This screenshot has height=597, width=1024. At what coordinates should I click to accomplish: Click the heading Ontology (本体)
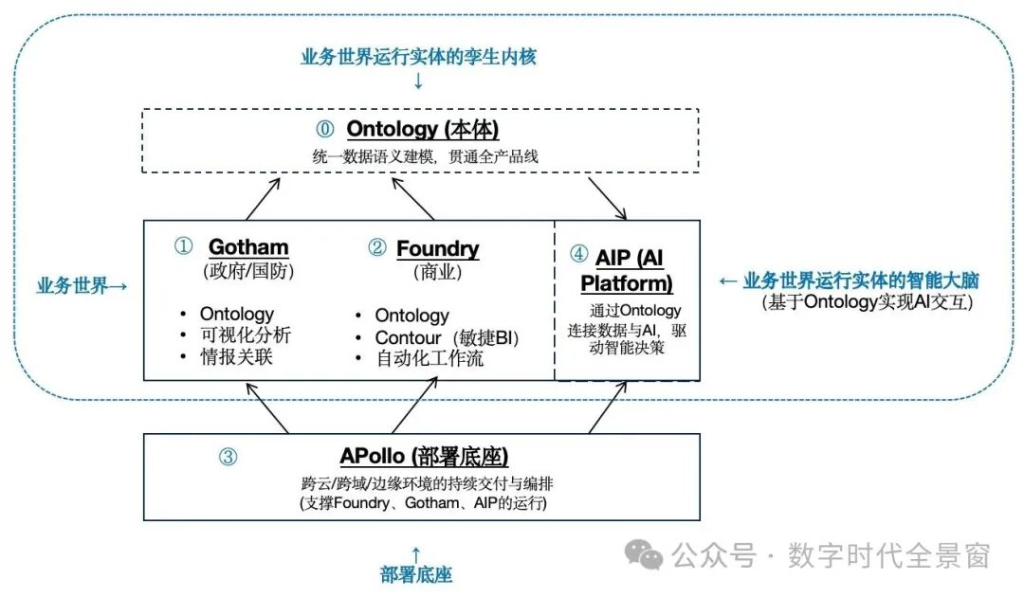(423, 129)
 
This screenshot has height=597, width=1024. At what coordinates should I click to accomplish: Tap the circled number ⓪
(325, 129)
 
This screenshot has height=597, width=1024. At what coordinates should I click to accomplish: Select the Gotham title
(248, 248)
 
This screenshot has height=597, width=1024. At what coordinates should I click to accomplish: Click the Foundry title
(437, 248)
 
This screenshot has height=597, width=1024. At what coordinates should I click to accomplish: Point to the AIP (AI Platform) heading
(627, 269)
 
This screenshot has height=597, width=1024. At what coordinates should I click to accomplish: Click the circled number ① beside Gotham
(183, 247)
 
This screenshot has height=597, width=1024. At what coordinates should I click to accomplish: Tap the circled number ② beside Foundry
(377, 248)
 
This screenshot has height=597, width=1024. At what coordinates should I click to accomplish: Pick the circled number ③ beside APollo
(228, 457)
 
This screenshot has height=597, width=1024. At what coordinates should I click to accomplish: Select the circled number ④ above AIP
(578, 254)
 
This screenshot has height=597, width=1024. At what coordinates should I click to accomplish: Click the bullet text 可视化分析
(246, 335)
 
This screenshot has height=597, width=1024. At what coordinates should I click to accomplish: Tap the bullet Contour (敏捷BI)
(448, 337)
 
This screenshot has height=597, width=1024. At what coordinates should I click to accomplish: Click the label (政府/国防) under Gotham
(248, 271)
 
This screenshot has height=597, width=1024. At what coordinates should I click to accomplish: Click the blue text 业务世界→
(82, 285)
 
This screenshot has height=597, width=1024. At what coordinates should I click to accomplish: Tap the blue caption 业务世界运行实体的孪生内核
(418, 57)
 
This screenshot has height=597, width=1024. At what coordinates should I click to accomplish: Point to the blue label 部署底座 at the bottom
(414, 574)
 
